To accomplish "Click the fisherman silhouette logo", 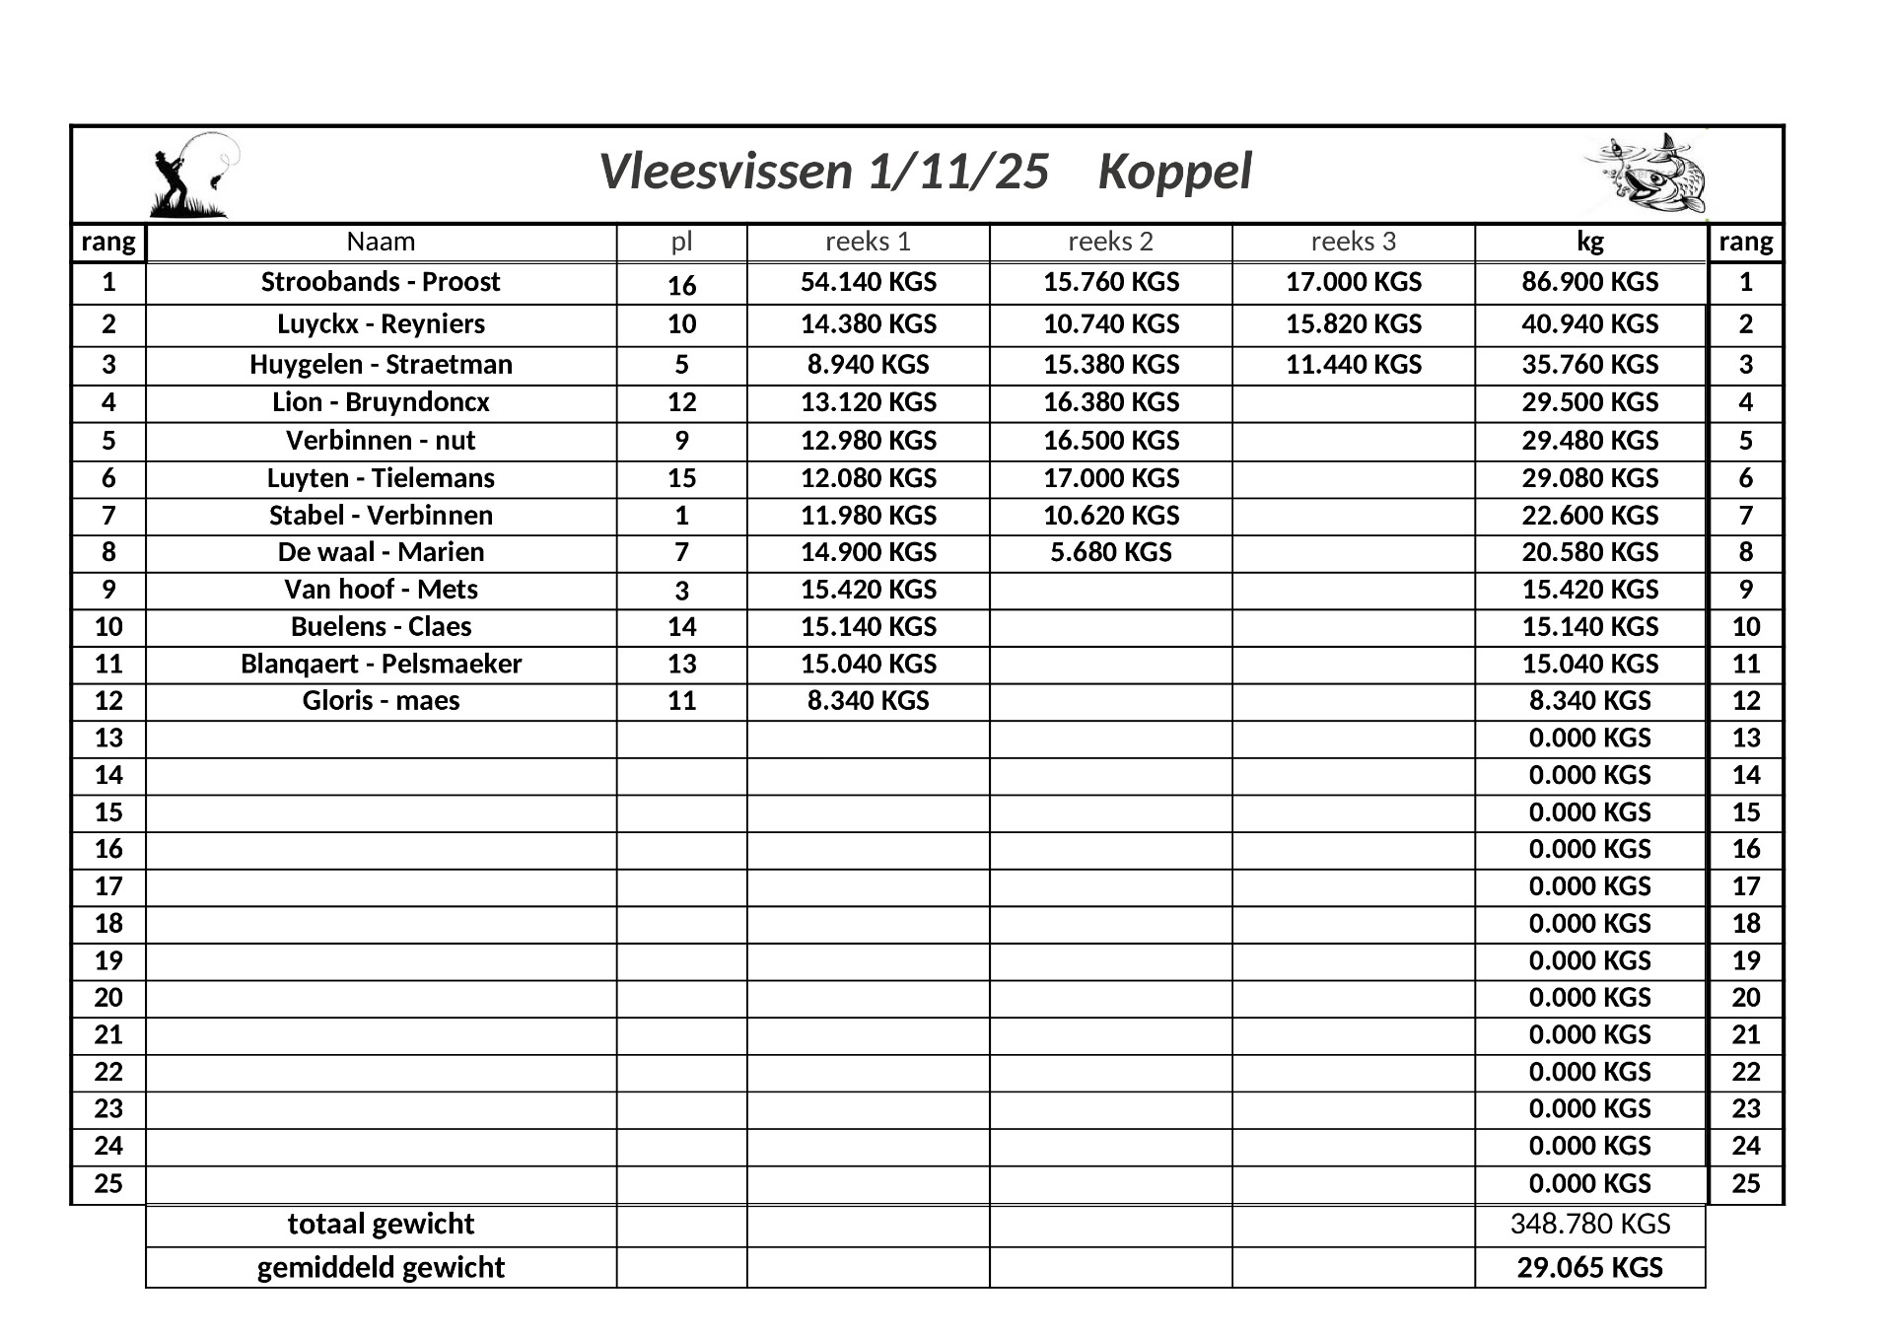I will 192,176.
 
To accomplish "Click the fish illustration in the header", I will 1646,175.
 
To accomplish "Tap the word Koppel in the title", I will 1174,172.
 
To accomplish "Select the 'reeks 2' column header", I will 1110,242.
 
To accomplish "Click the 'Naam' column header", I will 381,242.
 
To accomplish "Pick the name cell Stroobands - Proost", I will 381,282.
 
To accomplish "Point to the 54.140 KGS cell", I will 868,282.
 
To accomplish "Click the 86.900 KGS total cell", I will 1589,282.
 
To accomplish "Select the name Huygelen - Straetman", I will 381,365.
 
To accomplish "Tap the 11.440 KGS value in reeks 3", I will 1353,365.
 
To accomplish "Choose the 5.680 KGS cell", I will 1110,552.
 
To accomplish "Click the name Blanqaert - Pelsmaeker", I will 381,664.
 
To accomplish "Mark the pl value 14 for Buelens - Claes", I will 681,627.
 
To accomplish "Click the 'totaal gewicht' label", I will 381,1225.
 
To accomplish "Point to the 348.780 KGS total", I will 1589,1225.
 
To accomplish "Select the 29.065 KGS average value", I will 1589,1268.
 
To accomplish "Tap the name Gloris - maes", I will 381,701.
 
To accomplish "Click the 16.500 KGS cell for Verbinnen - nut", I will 1110,441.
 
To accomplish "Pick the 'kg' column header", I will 1589,242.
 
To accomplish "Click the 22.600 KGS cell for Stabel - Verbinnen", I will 1589,516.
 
